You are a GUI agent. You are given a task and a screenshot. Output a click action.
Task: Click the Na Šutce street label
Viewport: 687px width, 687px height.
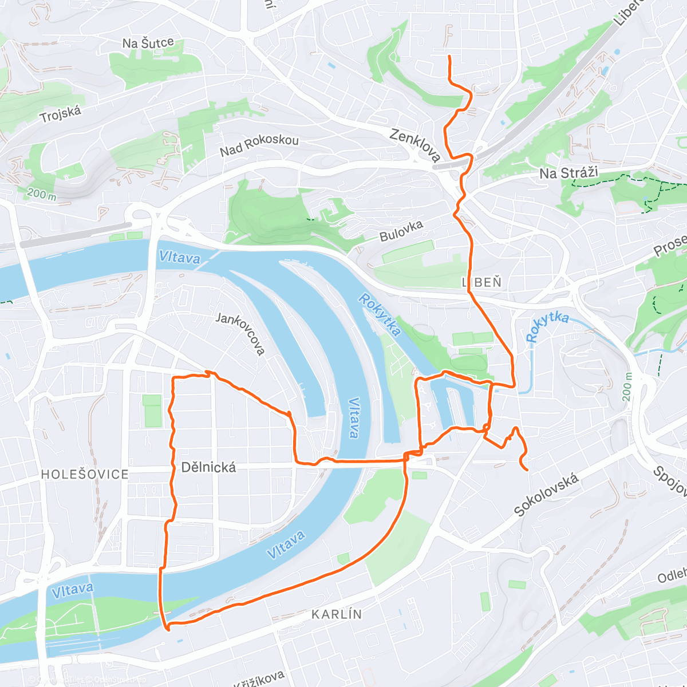click(148, 43)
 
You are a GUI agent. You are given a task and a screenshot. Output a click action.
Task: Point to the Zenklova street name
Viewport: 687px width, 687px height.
click(415, 145)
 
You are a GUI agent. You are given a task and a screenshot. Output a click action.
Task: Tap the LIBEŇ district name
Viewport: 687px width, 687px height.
click(481, 282)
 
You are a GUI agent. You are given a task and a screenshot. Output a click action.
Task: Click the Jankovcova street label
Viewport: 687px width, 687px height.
click(240, 333)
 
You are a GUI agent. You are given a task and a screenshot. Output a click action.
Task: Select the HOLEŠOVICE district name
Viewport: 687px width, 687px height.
click(85, 474)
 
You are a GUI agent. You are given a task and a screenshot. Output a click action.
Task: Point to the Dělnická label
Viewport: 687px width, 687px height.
click(208, 467)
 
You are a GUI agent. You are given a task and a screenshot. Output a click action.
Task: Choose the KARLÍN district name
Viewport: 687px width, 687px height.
click(337, 614)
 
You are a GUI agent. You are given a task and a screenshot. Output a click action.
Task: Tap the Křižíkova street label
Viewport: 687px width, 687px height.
click(259, 678)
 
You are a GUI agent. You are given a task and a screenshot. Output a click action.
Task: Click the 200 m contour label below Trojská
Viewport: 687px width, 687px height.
click(41, 194)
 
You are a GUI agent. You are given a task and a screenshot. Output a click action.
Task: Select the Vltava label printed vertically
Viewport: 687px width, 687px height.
click(353, 418)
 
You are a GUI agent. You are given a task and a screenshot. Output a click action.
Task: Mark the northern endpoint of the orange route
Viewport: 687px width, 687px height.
click(449, 56)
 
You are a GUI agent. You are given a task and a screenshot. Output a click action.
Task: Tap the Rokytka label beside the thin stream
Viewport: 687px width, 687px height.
click(547, 326)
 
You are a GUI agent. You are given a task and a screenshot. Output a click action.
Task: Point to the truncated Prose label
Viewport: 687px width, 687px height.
click(670, 245)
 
